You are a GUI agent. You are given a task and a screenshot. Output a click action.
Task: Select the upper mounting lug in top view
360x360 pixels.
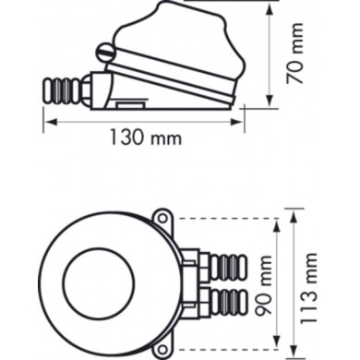162,220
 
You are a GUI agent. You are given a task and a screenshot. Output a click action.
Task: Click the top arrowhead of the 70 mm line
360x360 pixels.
270,6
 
